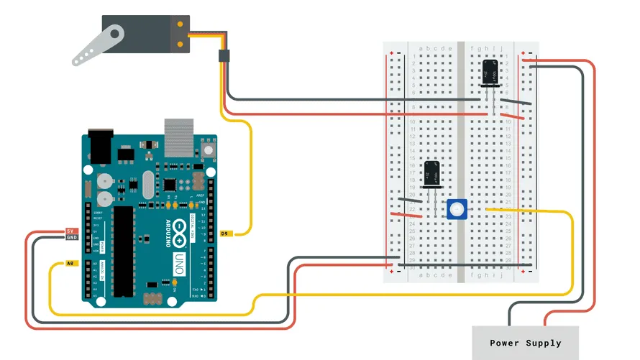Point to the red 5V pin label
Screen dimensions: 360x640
coord(71,231)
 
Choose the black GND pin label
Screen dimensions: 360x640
coord(71,238)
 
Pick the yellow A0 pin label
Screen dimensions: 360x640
coord(70,264)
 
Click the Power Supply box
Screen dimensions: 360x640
coord(526,343)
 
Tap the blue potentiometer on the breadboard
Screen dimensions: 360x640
coord(456,209)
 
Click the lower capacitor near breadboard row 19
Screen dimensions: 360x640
coord(432,175)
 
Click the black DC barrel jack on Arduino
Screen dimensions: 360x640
coord(102,148)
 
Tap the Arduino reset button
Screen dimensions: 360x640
coord(209,149)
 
